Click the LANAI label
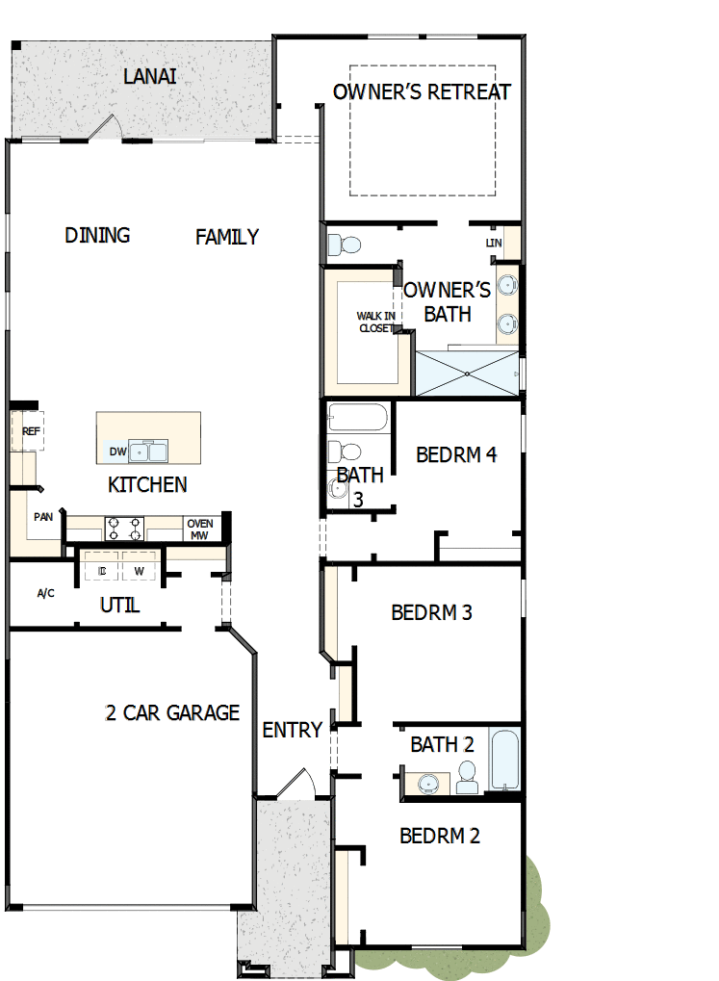coord(150,76)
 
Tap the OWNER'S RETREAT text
coord(422,92)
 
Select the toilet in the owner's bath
coord(342,243)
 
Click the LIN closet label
coord(494,243)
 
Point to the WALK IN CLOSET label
coord(374,322)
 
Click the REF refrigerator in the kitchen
coord(31,431)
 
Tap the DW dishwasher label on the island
coord(117,452)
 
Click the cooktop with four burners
coord(124,529)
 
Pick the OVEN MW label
coord(199,529)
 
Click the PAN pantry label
coord(43,517)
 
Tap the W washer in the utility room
coord(140,571)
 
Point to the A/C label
coord(45,593)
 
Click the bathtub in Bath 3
coord(357,418)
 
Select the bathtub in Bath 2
coord(504,760)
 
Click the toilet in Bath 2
coord(468,778)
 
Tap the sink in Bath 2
coord(425,784)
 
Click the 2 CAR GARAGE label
coord(172,713)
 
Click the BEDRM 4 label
coord(456,454)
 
